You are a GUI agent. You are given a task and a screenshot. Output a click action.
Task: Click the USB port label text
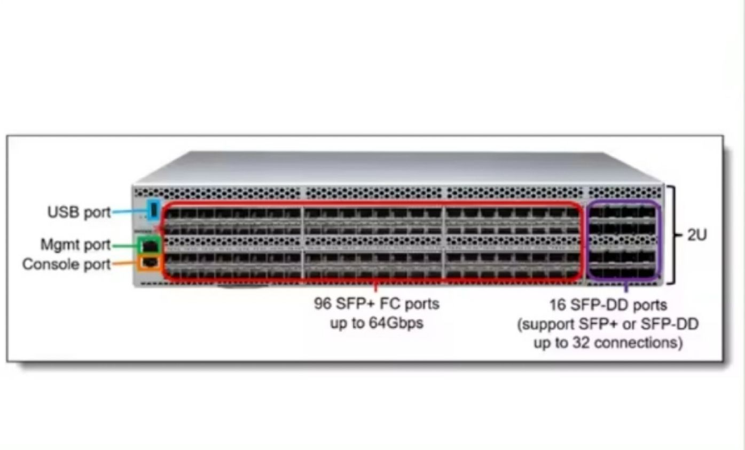click(79, 212)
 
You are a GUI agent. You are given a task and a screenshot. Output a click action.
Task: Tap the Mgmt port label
click(75, 245)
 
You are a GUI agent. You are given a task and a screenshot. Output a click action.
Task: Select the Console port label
click(66, 264)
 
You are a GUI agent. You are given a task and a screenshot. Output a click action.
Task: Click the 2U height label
click(696, 235)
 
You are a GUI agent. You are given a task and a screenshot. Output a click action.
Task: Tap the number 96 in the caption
click(323, 304)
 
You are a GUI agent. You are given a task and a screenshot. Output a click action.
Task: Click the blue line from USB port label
click(128, 212)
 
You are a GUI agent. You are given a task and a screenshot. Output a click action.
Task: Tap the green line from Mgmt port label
click(125, 246)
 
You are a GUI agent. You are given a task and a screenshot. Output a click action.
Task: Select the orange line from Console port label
click(124, 264)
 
